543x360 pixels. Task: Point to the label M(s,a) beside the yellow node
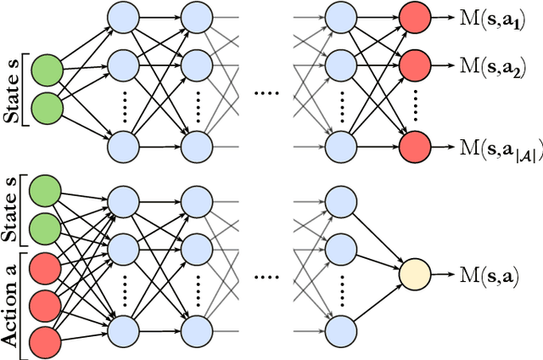(488, 274)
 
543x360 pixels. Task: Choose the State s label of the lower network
(12, 209)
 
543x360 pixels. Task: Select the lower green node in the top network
(48, 108)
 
